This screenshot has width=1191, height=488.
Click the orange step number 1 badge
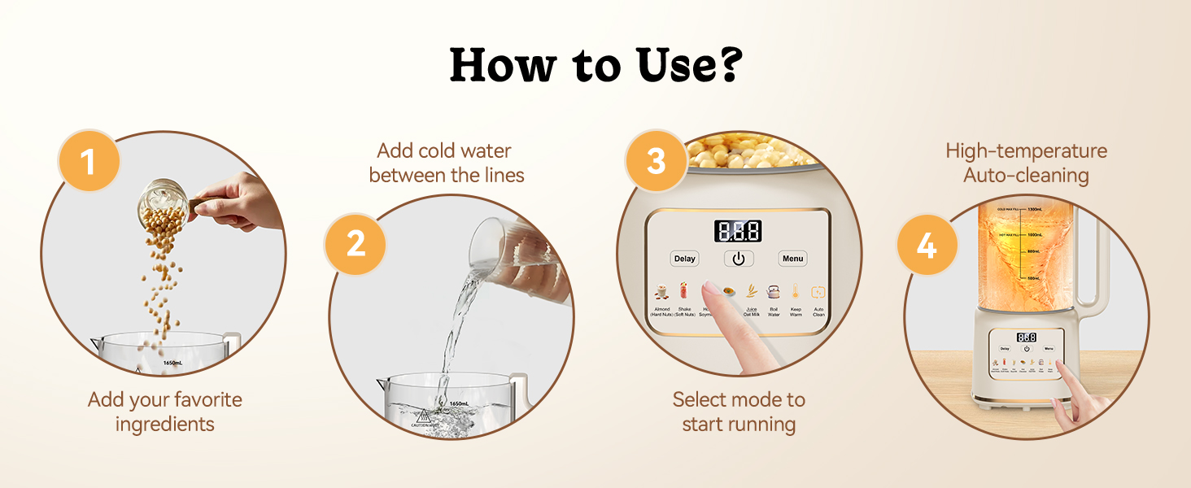tap(88, 162)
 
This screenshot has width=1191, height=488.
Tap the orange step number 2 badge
tap(356, 242)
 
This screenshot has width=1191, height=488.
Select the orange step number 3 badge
tap(657, 161)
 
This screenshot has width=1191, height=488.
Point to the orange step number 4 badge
tap(927, 245)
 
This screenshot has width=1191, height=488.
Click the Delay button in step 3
tap(685, 259)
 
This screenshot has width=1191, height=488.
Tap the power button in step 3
tap(739, 259)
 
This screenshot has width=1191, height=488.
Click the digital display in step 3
tap(738, 231)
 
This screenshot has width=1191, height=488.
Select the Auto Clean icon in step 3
tap(818, 293)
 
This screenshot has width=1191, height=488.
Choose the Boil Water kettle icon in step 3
tap(774, 292)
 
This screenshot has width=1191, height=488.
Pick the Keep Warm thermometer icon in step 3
tap(796, 292)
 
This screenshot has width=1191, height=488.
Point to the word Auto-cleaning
tap(1026, 175)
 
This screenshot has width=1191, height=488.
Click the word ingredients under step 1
tap(164, 424)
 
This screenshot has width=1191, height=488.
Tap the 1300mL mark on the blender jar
tap(1030, 209)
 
